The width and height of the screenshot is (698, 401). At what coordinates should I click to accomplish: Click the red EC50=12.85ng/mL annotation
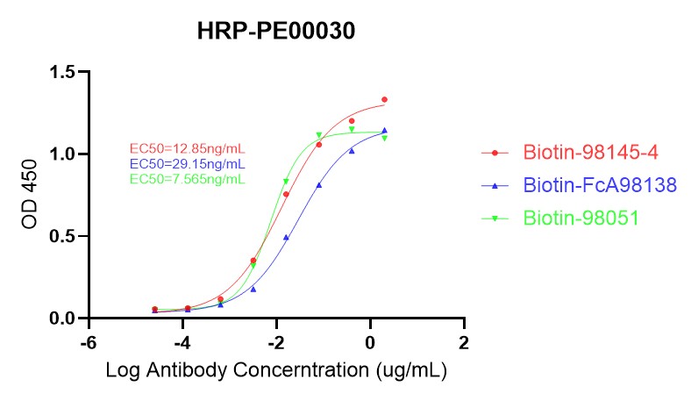(187, 148)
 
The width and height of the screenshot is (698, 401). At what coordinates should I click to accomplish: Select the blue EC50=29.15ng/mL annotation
(187, 164)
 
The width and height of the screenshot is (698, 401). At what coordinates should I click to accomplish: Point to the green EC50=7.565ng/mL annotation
(187, 179)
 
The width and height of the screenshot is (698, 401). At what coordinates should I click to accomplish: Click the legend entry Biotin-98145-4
(590, 153)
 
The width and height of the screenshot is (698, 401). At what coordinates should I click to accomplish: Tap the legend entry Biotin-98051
(580, 218)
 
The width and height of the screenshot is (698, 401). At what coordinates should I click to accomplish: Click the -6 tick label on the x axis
(87, 341)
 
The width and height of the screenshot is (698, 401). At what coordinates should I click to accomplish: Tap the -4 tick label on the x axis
(182, 341)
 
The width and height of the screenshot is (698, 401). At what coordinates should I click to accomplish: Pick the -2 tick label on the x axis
(275, 341)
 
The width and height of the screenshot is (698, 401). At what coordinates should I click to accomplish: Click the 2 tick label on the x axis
(464, 341)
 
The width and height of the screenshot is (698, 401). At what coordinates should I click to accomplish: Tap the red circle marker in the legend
(495, 153)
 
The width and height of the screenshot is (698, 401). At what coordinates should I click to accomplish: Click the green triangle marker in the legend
(495, 218)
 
